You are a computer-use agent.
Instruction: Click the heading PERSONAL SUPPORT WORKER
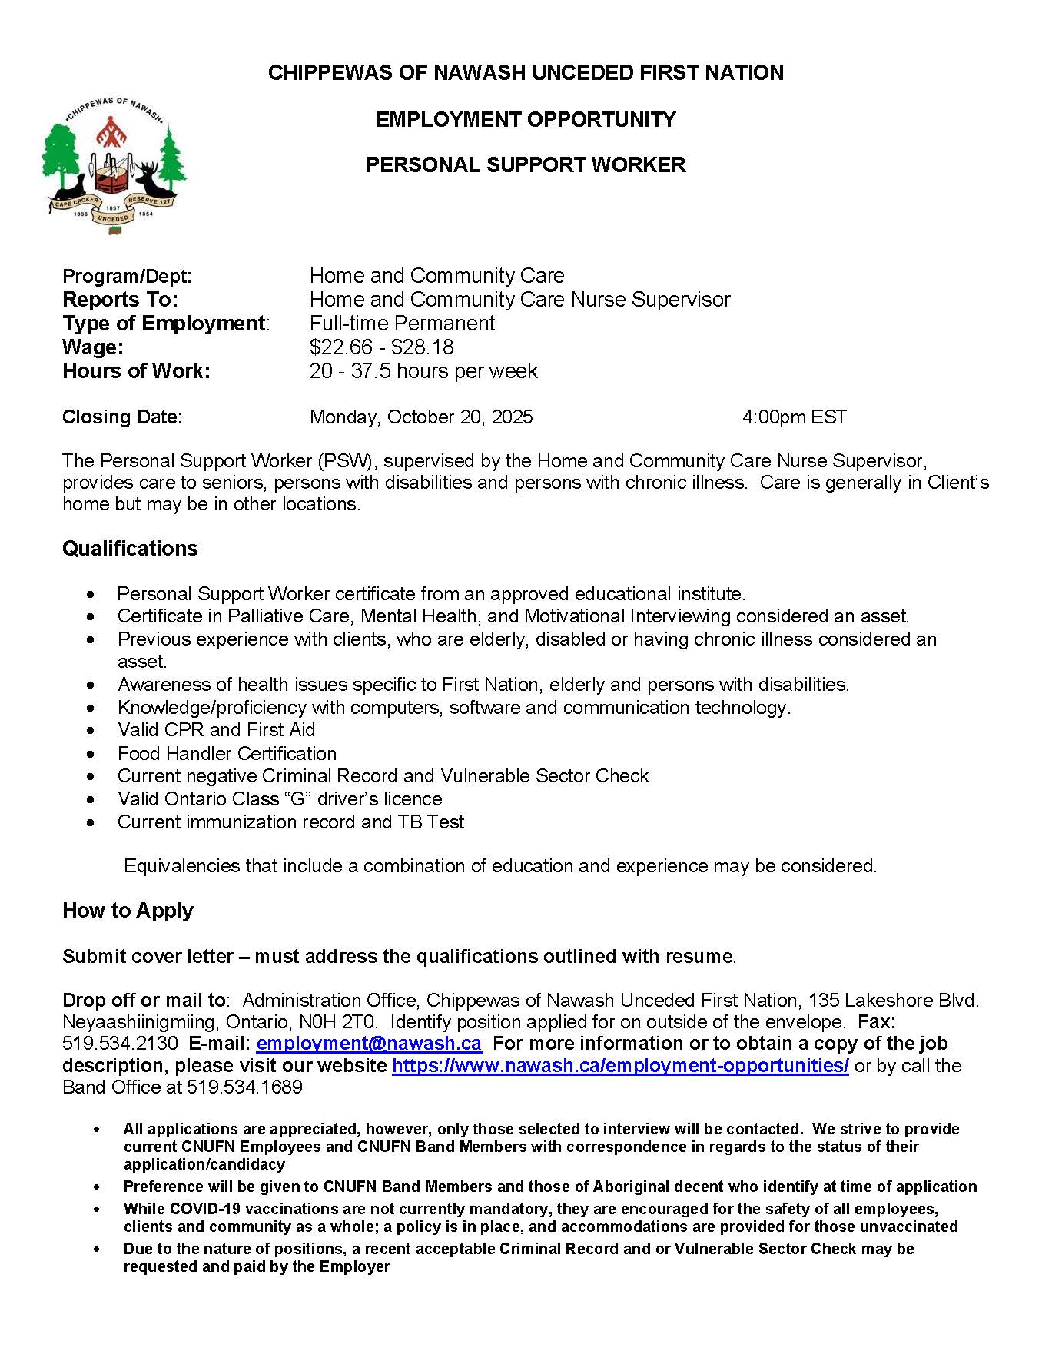pyautogui.click(x=526, y=165)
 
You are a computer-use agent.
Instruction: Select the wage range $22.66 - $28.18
pyautogui.click(x=381, y=347)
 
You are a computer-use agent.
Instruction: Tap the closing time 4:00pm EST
pyautogui.click(x=794, y=417)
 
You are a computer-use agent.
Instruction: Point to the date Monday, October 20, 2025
pyautogui.click(x=421, y=417)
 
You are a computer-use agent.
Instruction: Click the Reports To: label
pyautogui.click(x=120, y=300)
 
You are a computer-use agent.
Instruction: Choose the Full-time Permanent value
pyautogui.click(x=402, y=324)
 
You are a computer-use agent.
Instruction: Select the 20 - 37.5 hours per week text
pyautogui.click(x=423, y=371)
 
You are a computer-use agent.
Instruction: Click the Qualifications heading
pyautogui.click(x=130, y=549)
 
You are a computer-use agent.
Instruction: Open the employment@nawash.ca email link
pyautogui.click(x=369, y=1044)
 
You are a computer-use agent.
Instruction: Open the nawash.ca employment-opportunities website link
pyautogui.click(x=620, y=1066)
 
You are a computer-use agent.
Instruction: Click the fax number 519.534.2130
pyautogui.click(x=120, y=1044)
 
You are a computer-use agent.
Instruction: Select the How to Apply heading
pyautogui.click(x=128, y=911)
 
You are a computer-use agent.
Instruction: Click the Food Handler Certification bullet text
pyautogui.click(x=227, y=754)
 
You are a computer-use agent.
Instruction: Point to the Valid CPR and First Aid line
pyautogui.click(x=216, y=730)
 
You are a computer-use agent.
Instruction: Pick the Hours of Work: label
pyautogui.click(x=136, y=371)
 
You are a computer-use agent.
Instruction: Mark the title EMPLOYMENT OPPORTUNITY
pyautogui.click(x=526, y=120)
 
